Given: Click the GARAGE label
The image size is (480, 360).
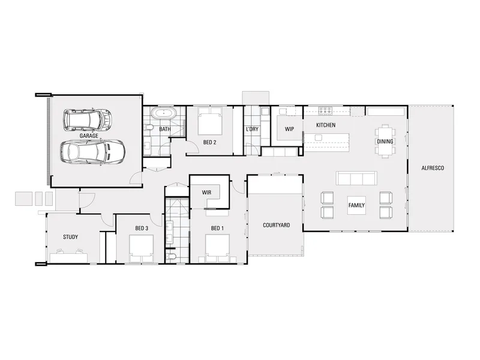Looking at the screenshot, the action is click(x=89, y=136).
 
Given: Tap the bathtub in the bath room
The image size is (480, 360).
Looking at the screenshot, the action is click(x=164, y=113).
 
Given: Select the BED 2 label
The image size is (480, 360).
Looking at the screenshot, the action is click(x=209, y=142).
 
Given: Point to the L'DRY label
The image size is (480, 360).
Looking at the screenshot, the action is click(x=252, y=129).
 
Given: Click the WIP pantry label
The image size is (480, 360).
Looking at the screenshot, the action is click(x=289, y=129).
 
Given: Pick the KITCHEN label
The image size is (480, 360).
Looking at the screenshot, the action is click(x=326, y=125).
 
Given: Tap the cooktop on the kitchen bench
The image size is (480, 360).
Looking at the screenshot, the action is click(x=325, y=110).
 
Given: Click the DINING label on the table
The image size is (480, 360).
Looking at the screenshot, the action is click(x=385, y=142).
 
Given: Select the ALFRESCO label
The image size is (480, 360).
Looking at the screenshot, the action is click(x=433, y=168).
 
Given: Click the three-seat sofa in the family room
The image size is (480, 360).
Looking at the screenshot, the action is click(x=356, y=178).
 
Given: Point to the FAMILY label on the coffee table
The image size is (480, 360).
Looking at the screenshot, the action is click(x=356, y=205).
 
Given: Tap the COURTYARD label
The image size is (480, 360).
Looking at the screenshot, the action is click(x=276, y=226).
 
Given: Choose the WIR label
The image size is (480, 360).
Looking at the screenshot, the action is click(x=206, y=193).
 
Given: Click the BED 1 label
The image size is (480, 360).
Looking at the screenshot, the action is click(x=217, y=229).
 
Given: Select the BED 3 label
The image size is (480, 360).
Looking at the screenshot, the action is click(x=142, y=229).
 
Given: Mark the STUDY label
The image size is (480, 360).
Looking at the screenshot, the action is click(x=70, y=237).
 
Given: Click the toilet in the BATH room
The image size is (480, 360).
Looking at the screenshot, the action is click(x=148, y=127).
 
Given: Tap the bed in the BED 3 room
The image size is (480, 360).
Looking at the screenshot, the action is click(x=141, y=248).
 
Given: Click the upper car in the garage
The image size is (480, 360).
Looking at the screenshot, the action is click(x=87, y=120).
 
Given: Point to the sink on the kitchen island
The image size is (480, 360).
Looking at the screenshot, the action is click(x=319, y=138).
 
